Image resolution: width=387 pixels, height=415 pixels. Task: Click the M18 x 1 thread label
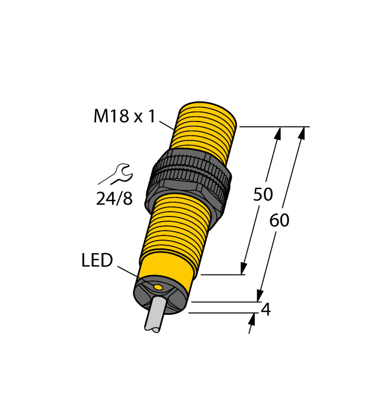(x=124, y=117)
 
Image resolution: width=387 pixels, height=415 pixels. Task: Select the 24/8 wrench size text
(x=114, y=199)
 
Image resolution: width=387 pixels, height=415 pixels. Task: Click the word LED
(x=97, y=260)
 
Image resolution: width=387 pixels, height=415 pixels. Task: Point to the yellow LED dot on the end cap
(x=158, y=288)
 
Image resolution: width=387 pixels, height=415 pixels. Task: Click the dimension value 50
(x=263, y=194)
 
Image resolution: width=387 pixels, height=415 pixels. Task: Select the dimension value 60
(x=279, y=221)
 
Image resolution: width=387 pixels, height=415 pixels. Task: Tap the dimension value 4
(x=266, y=309)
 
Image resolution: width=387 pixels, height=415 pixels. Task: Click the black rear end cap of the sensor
(x=161, y=294)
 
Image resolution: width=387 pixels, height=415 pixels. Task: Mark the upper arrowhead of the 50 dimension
(x=276, y=135)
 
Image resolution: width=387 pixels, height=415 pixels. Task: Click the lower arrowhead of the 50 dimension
(x=243, y=268)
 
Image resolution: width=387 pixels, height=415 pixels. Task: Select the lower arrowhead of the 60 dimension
(x=260, y=295)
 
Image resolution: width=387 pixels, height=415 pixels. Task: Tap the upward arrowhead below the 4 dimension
(x=252, y=320)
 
